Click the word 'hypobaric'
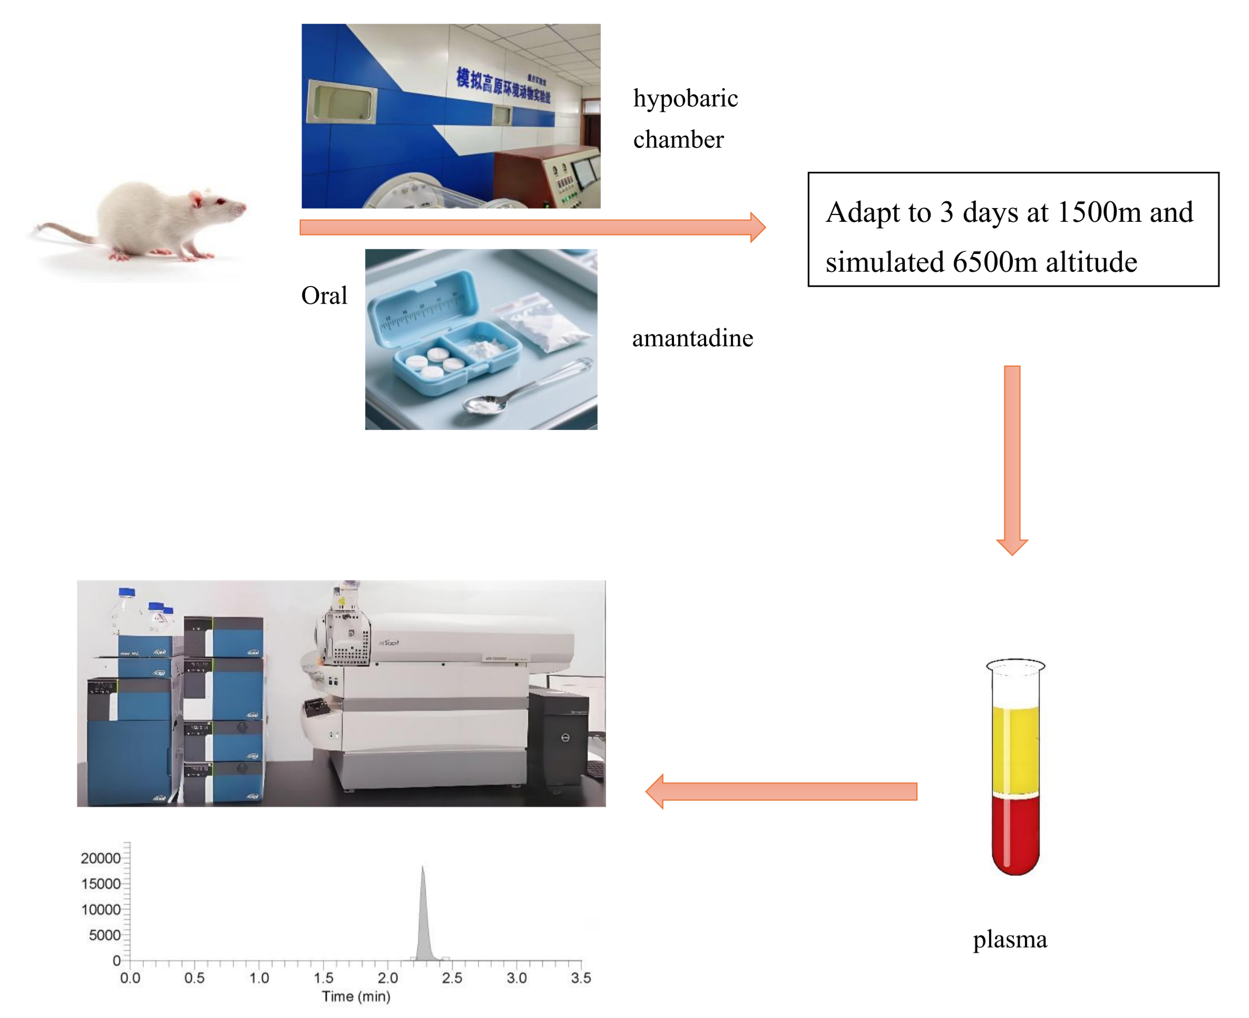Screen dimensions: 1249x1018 click(685, 98)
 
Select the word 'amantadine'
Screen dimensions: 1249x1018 click(692, 338)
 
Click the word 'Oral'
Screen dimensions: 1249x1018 click(324, 296)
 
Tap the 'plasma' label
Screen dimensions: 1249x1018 click(1009, 939)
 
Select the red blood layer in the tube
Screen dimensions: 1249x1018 click(1015, 833)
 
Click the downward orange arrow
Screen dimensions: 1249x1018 click(1011, 457)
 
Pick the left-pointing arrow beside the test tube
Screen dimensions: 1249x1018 click(780, 791)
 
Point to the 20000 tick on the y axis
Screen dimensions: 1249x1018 click(101, 858)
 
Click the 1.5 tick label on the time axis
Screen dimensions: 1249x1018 click(323, 977)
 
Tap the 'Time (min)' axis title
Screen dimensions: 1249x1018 click(356, 996)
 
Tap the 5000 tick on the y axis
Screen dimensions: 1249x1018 click(104, 935)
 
